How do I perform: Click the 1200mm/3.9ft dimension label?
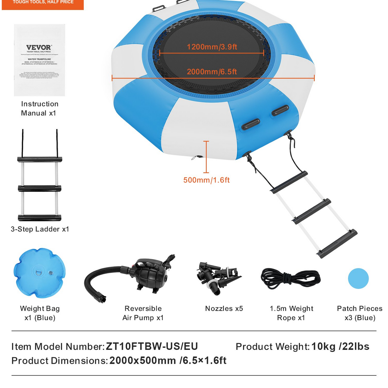[212, 47]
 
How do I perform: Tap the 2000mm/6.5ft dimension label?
[212, 72]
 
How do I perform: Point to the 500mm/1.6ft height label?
[206, 180]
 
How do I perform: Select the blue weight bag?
[39, 273]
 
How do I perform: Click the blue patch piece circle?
[358, 278]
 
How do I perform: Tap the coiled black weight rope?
[291, 279]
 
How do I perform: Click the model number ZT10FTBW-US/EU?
[152, 346]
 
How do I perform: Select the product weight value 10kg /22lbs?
[340, 346]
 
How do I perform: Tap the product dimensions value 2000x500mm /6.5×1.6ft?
[168, 360]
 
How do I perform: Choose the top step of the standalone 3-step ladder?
[40, 159]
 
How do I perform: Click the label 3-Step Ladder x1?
[40, 229]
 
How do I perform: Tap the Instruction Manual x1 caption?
[39, 108]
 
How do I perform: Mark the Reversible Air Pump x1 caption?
[143, 313]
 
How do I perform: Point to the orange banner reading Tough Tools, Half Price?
[43, 4]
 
